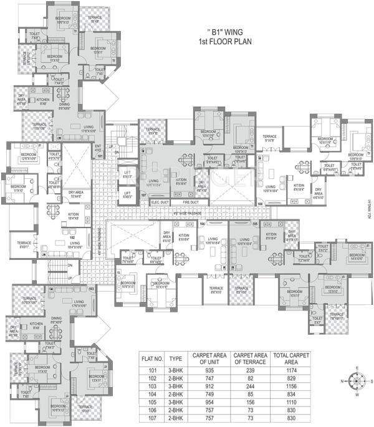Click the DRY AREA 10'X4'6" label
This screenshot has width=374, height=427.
77,195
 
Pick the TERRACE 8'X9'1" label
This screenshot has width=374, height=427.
24,245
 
